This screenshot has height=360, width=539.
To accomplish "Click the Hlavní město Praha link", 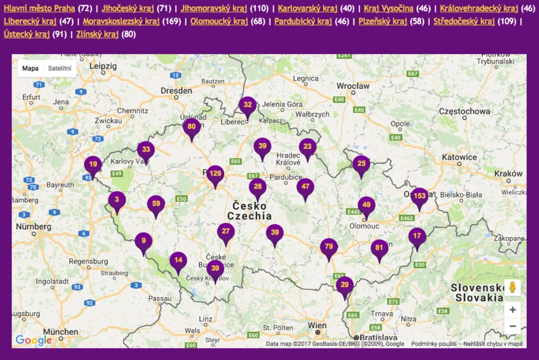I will (x=39, y=9).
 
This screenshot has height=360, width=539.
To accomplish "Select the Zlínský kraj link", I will (x=97, y=34).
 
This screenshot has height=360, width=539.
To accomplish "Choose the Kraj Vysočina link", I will (x=388, y=9).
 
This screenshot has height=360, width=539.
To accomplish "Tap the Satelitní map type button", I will (x=59, y=69).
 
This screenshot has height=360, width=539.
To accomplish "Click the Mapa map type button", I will (x=31, y=69).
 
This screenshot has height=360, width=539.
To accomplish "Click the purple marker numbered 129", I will (x=215, y=175).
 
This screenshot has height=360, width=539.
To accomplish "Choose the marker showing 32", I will (x=247, y=106).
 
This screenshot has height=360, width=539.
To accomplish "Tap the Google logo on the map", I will (x=34, y=340).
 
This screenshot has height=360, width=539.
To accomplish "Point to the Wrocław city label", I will (x=353, y=86).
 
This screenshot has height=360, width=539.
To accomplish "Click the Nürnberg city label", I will (x=33, y=227).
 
